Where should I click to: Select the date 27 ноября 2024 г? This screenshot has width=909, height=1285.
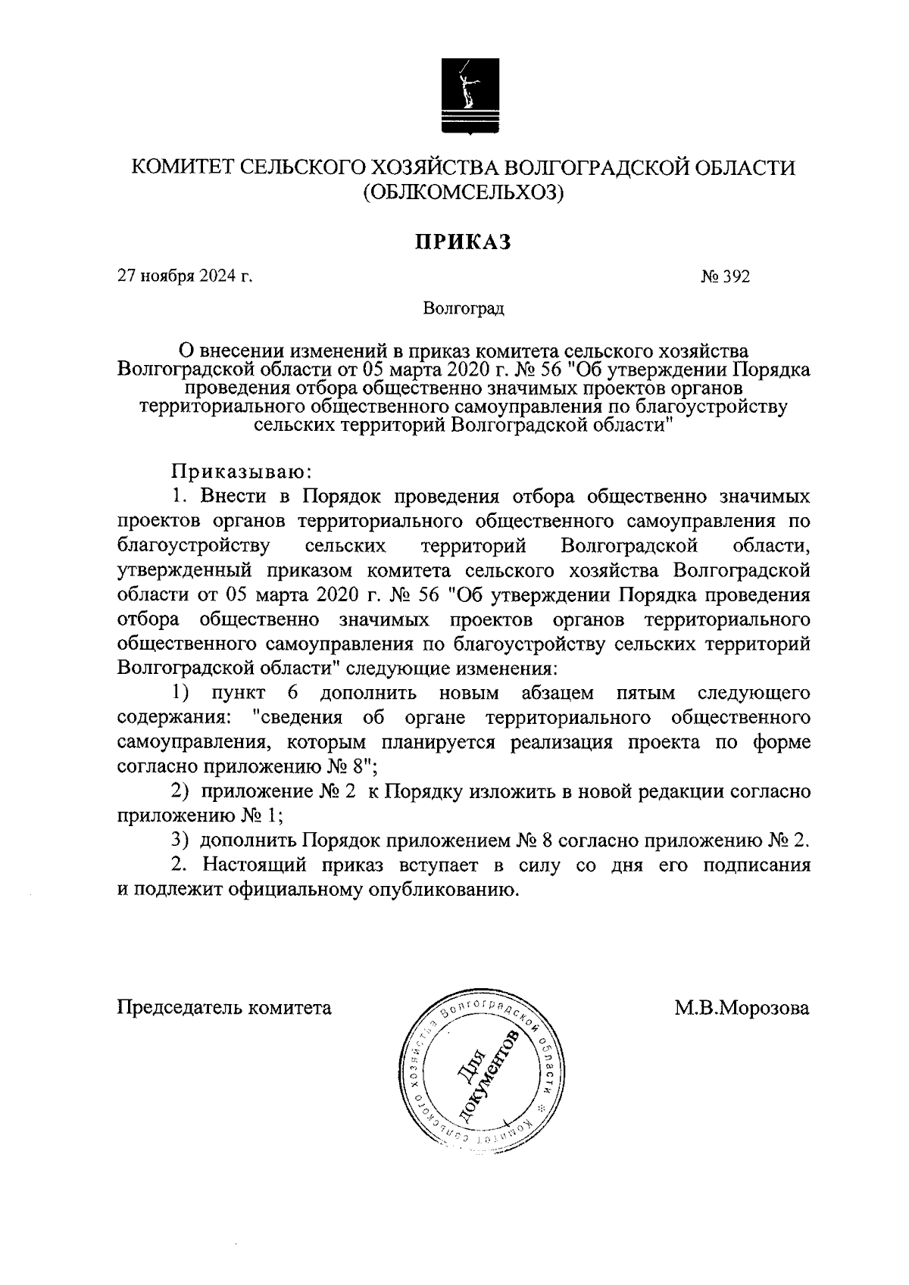(x=184, y=277)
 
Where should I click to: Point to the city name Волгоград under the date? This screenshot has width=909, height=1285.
(x=464, y=309)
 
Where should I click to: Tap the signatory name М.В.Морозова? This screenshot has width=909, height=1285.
(x=742, y=1008)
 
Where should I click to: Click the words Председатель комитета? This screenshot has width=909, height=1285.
(x=224, y=1008)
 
